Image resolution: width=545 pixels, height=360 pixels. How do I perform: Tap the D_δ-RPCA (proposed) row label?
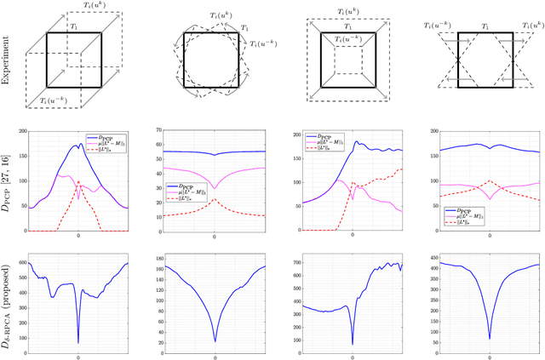click(x=8, y=294)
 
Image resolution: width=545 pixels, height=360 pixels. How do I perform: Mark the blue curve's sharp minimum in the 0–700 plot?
click(x=352, y=345)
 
